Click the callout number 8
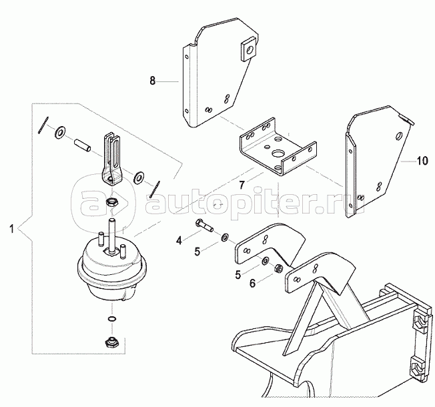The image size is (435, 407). (x=152, y=81)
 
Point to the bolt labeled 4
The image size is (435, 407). (x=203, y=227)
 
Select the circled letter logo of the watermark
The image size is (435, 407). (x=97, y=195)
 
